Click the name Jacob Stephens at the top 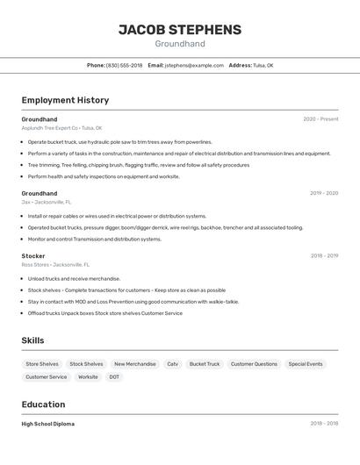(180, 29)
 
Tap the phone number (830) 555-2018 (124, 65)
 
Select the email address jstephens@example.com (194, 65)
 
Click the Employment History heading (65, 100)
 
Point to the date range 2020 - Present (320, 119)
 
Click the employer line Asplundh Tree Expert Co (61, 128)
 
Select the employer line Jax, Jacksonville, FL (47, 202)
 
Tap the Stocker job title (33, 256)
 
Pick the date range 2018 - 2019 (324, 256)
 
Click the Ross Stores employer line (55, 264)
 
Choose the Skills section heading (32, 340)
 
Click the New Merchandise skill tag (135, 364)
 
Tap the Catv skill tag (172, 364)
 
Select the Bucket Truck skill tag (205, 364)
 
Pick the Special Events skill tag (306, 364)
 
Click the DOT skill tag (114, 377)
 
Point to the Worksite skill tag (88, 377)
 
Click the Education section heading (43, 404)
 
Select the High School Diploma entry (48, 424)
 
